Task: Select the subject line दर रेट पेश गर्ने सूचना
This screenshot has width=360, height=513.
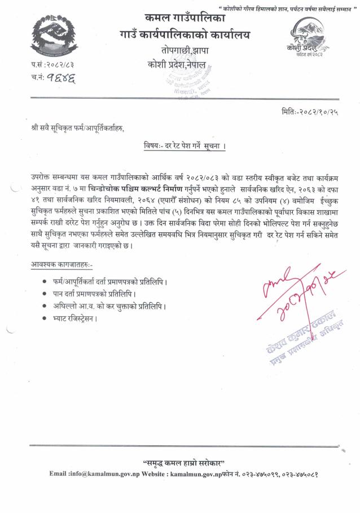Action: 185,147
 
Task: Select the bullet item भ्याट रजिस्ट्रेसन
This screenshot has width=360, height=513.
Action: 74,318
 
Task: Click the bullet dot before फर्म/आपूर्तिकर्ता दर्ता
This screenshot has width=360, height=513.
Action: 45,281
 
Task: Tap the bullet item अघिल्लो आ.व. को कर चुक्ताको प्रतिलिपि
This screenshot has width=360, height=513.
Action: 110,306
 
